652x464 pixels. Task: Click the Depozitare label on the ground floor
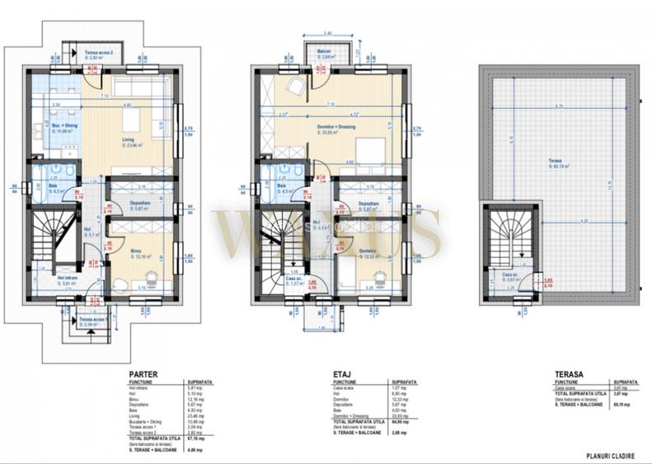[124, 207]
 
